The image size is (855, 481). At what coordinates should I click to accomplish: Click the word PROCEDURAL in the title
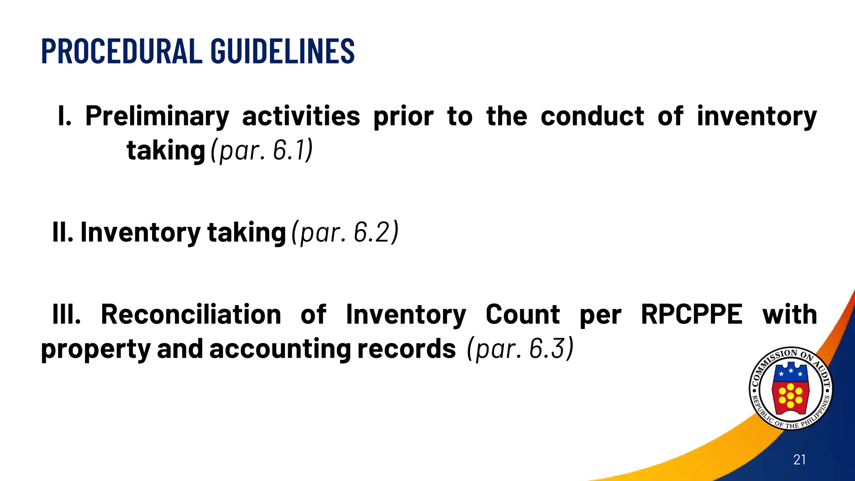point(121,51)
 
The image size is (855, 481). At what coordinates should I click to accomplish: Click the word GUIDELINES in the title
point(283,51)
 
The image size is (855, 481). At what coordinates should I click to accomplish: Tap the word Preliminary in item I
point(157,116)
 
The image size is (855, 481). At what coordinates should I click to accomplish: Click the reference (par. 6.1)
point(262,150)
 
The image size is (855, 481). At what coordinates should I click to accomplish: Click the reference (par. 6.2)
point(345,232)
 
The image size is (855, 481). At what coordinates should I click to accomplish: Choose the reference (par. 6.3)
point(521,349)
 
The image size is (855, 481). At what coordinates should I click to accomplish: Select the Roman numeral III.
point(66,314)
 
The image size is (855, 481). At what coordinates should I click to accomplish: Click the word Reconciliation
point(191,314)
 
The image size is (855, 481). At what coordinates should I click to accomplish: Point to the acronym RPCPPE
point(692,314)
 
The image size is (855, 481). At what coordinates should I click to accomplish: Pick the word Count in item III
point(523,314)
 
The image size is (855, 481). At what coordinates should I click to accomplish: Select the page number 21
point(799,460)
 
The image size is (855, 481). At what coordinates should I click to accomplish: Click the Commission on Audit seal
point(790,389)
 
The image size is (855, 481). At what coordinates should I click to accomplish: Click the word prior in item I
point(403,116)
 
